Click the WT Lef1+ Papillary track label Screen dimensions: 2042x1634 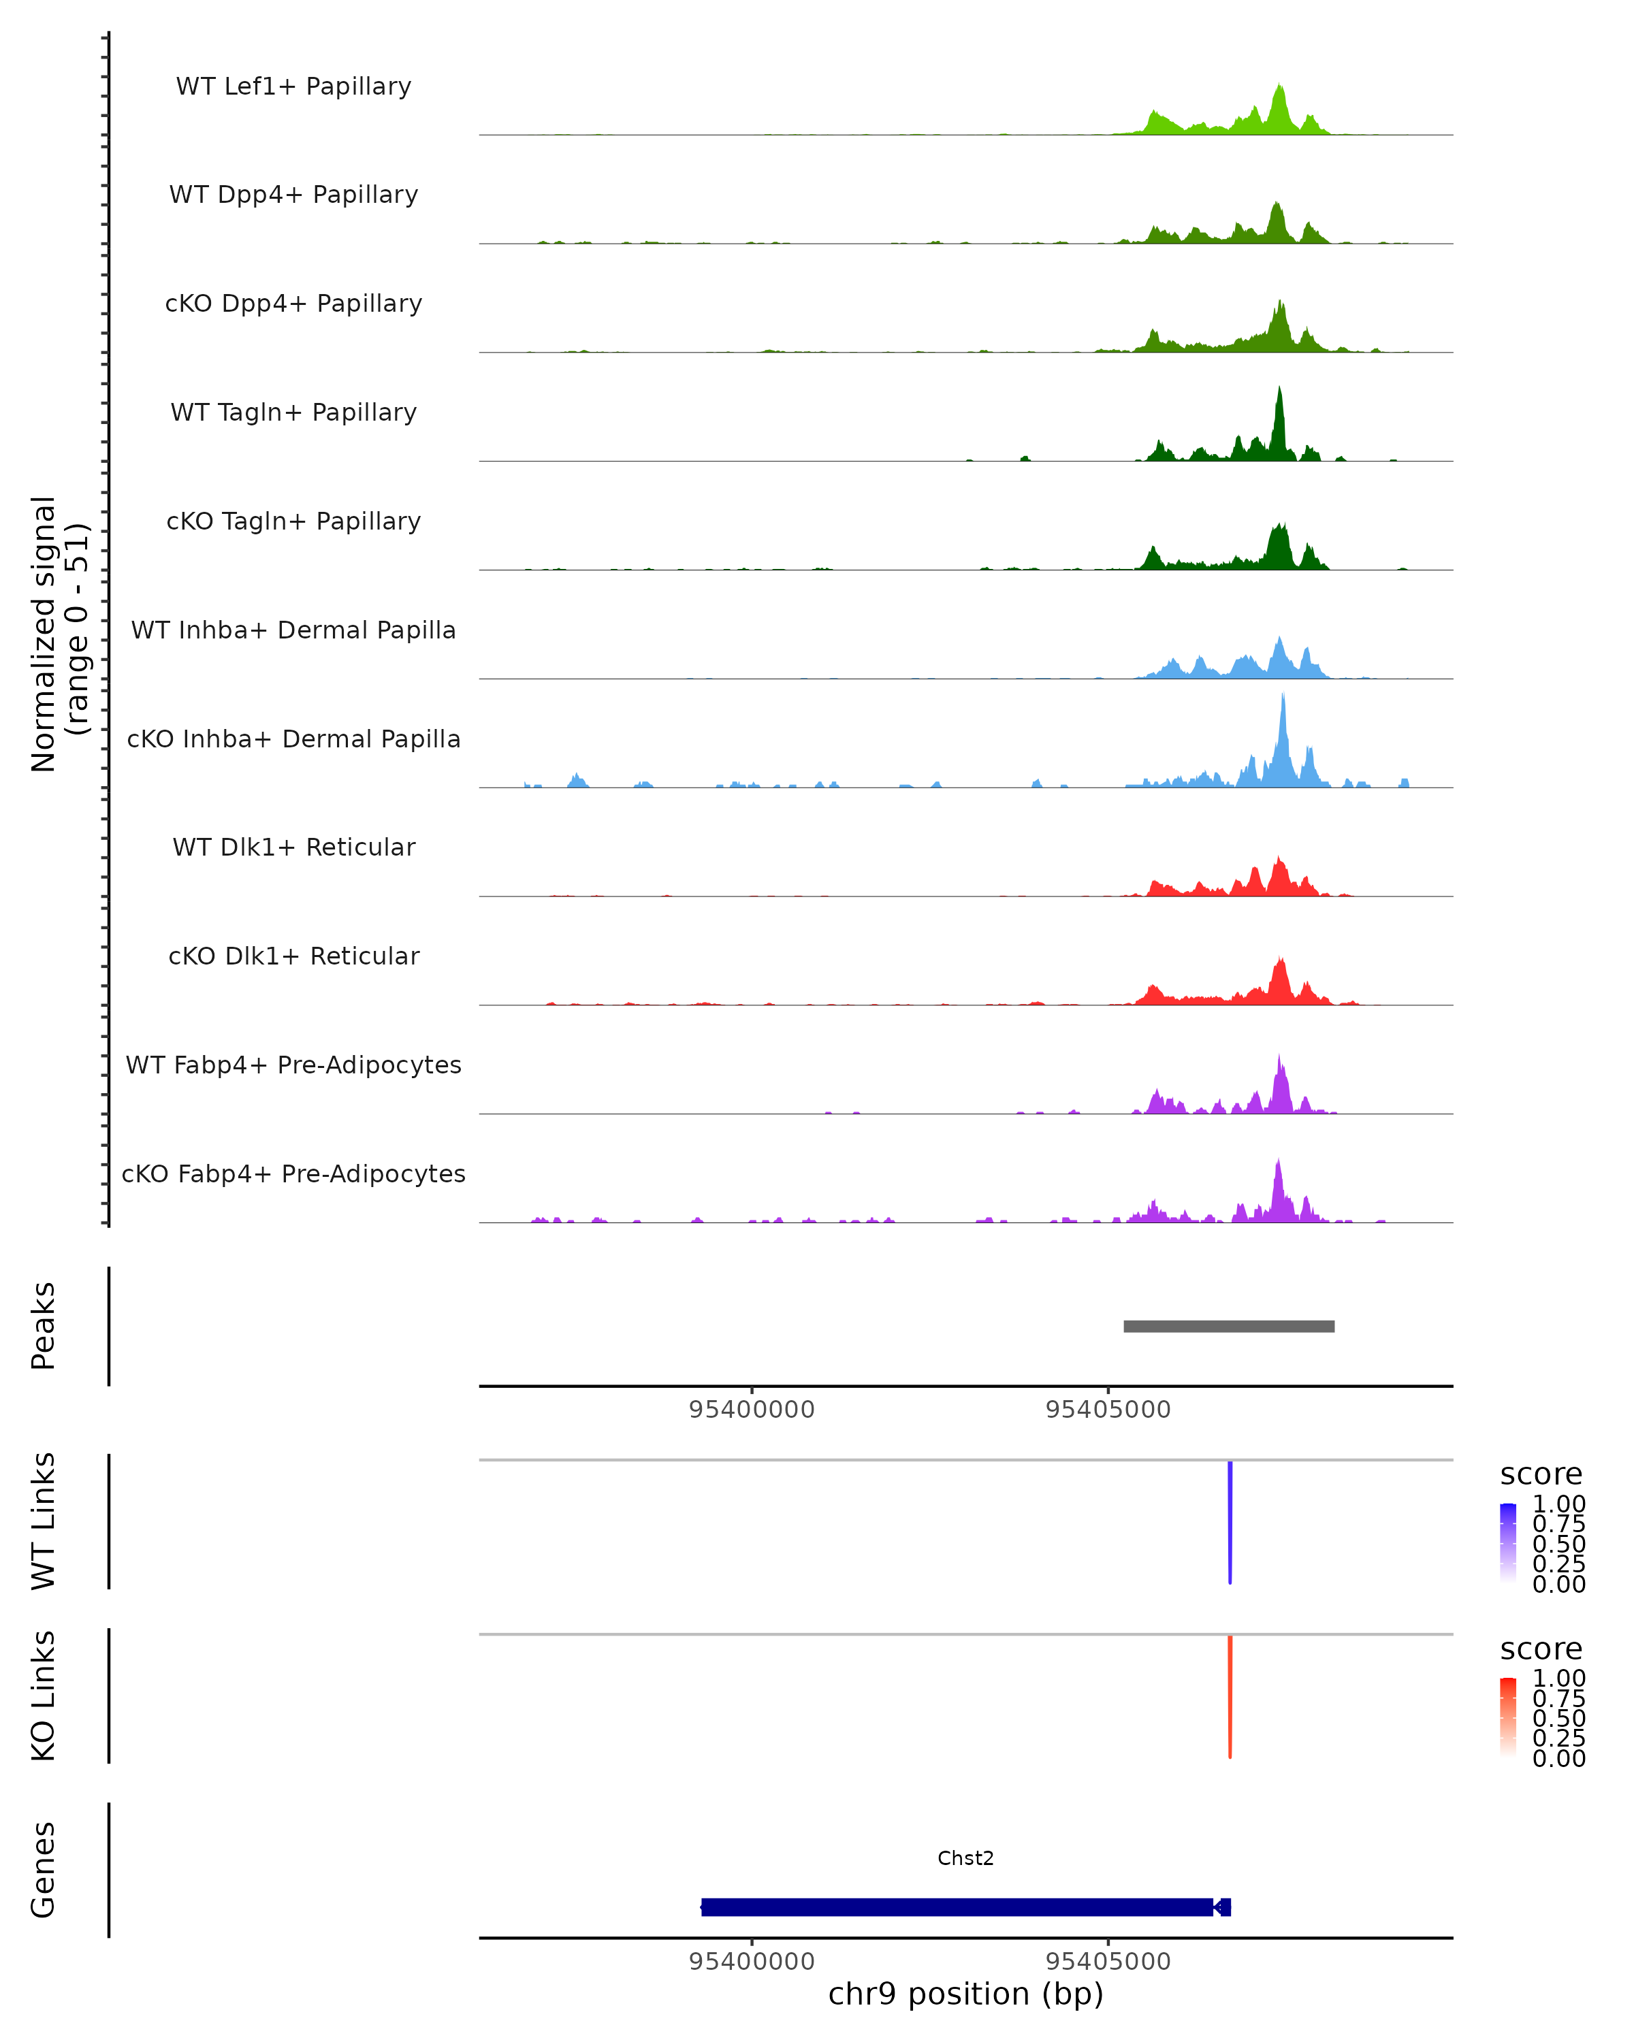(293, 86)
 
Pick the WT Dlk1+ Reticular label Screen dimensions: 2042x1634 (293, 847)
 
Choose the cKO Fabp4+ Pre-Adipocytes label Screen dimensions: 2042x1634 (293, 1173)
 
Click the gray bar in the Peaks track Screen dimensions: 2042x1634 (1229, 1326)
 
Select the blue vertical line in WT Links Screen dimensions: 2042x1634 (1230, 1522)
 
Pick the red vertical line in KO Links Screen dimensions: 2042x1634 (1230, 1696)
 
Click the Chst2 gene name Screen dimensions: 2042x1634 (965, 1858)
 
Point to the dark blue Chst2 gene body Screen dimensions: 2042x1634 (957, 1907)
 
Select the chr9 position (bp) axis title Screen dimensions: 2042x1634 (965, 1994)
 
